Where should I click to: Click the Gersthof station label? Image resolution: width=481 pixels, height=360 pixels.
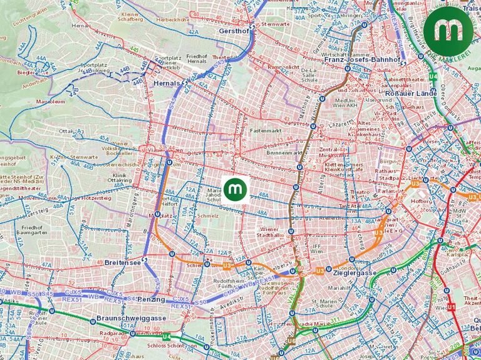tap(233, 31)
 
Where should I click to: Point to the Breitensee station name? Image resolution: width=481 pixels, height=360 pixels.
tap(122, 262)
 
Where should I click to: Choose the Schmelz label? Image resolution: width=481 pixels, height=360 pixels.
tap(207, 215)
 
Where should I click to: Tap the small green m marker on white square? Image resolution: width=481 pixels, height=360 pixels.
tap(235, 188)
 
